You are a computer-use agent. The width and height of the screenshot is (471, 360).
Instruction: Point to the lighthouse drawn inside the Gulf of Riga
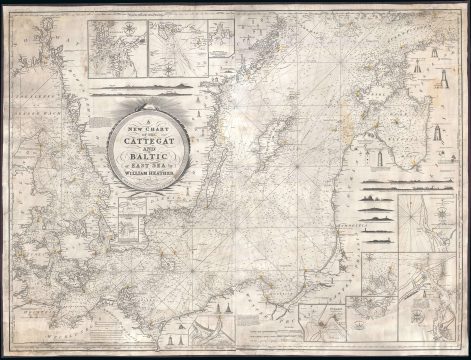pos(405,150)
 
